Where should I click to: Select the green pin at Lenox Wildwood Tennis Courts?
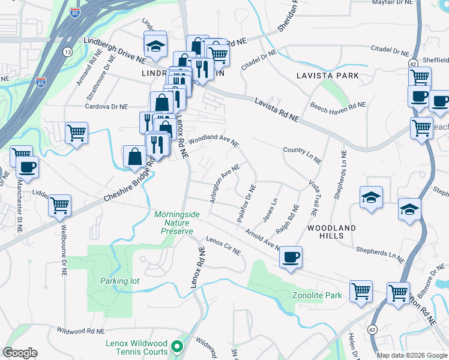point(176,346)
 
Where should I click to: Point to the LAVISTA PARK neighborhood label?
point(328,76)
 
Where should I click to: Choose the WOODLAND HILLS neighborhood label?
point(331,232)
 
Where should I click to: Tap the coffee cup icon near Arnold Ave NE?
point(291,257)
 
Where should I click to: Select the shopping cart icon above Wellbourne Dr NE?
point(60,205)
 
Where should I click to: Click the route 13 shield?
point(67,52)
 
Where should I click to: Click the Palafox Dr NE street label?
point(247,204)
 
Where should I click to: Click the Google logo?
point(20,353)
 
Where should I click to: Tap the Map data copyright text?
point(411,355)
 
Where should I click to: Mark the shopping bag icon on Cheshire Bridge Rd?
point(134,156)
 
